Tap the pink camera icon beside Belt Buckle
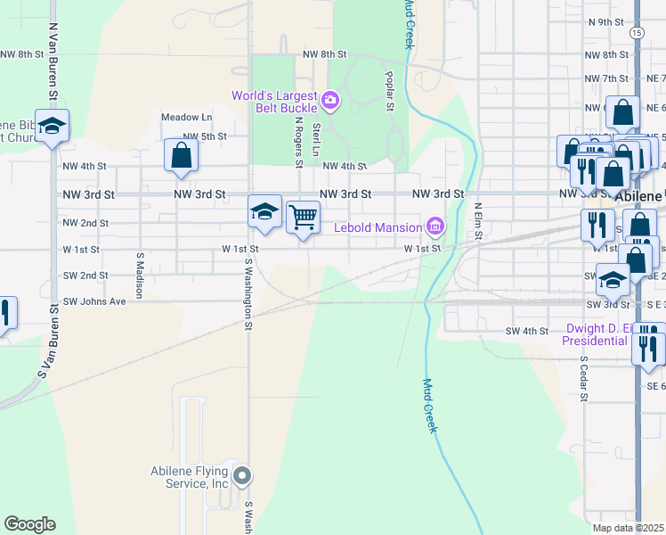click(331, 100)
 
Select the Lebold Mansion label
click(378, 226)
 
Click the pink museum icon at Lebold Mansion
click(435, 226)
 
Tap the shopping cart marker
click(304, 217)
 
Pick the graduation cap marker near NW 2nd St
click(264, 211)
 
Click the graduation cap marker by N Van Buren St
click(53, 127)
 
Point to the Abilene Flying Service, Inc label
click(189, 477)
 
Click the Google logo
click(29, 524)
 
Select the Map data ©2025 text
click(628, 528)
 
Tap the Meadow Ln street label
click(186, 117)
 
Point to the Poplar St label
click(389, 92)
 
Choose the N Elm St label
click(478, 219)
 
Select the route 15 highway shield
click(636, 32)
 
